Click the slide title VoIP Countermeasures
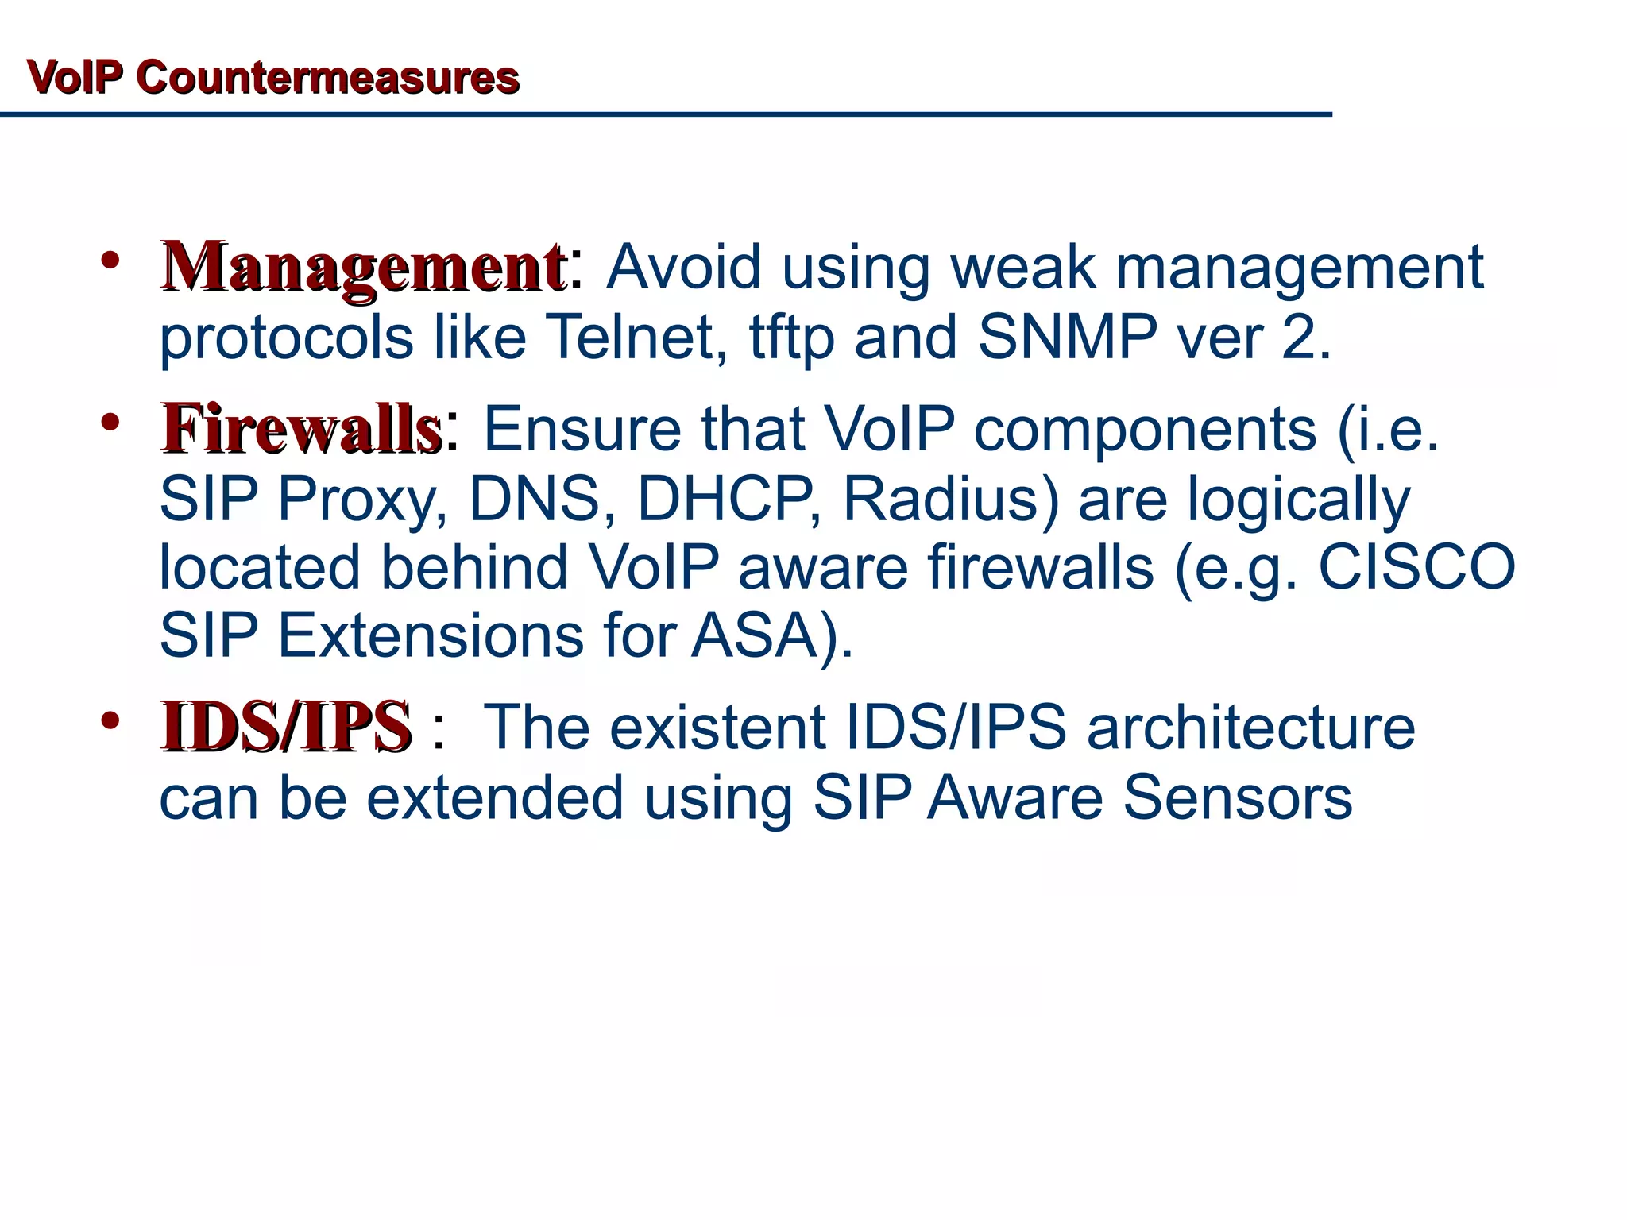point(272,78)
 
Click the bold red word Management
point(363,268)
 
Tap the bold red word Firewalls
point(301,429)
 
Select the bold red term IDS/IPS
point(286,727)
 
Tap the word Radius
point(950,500)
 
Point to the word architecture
point(1250,728)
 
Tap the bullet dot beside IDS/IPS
point(110,720)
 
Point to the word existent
point(717,728)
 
